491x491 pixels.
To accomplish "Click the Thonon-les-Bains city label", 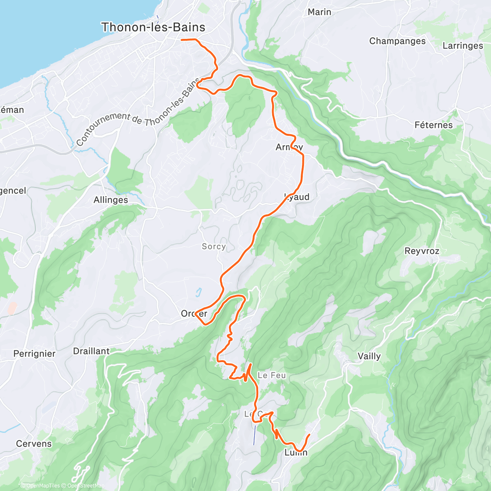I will [x=153, y=27].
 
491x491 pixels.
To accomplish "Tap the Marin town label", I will [x=319, y=12].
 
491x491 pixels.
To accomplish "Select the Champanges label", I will [x=397, y=41].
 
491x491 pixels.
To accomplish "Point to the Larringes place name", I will [x=463, y=45].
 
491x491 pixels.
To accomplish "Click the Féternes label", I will [x=433, y=125].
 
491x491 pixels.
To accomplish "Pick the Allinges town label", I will [x=110, y=200].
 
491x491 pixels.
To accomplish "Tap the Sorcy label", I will [x=214, y=246].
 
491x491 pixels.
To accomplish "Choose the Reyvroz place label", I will [x=421, y=251].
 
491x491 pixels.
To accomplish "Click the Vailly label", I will [x=369, y=356].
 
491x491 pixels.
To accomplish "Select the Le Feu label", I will [x=272, y=375].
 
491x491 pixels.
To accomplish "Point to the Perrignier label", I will [x=34, y=354].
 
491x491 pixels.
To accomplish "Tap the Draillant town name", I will [x=91, y=351].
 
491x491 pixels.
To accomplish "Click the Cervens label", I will [x=34, y=444].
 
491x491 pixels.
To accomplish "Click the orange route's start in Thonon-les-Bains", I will [x=182, y=40].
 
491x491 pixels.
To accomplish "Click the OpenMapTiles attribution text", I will [x=43, y=486].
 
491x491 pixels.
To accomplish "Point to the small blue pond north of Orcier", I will [x=198, y=292].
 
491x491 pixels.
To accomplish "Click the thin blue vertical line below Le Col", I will [x=255, y=435].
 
